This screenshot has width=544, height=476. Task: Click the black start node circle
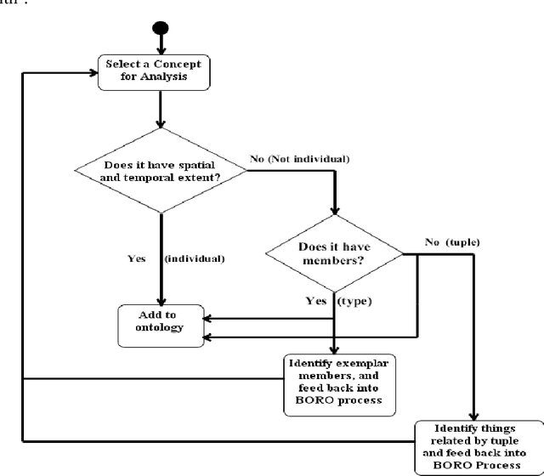(159, 31)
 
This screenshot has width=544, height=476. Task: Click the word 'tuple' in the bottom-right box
(493, 439)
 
